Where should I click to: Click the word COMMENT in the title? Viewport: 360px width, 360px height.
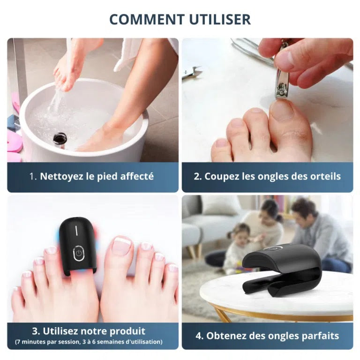[147, 19]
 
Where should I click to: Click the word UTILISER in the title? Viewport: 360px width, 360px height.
[220, 19]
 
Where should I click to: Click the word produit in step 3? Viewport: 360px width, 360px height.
[127, 331]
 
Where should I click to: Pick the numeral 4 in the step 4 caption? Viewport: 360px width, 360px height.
[199, 336]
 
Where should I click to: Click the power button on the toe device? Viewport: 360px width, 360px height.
[79, 253]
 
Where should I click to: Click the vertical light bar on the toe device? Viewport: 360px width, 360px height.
[76, 231]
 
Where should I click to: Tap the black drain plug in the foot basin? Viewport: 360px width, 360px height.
[59, 139]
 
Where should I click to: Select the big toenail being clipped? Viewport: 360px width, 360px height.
[282, 111]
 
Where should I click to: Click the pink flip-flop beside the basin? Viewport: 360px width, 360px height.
[14, 143]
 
